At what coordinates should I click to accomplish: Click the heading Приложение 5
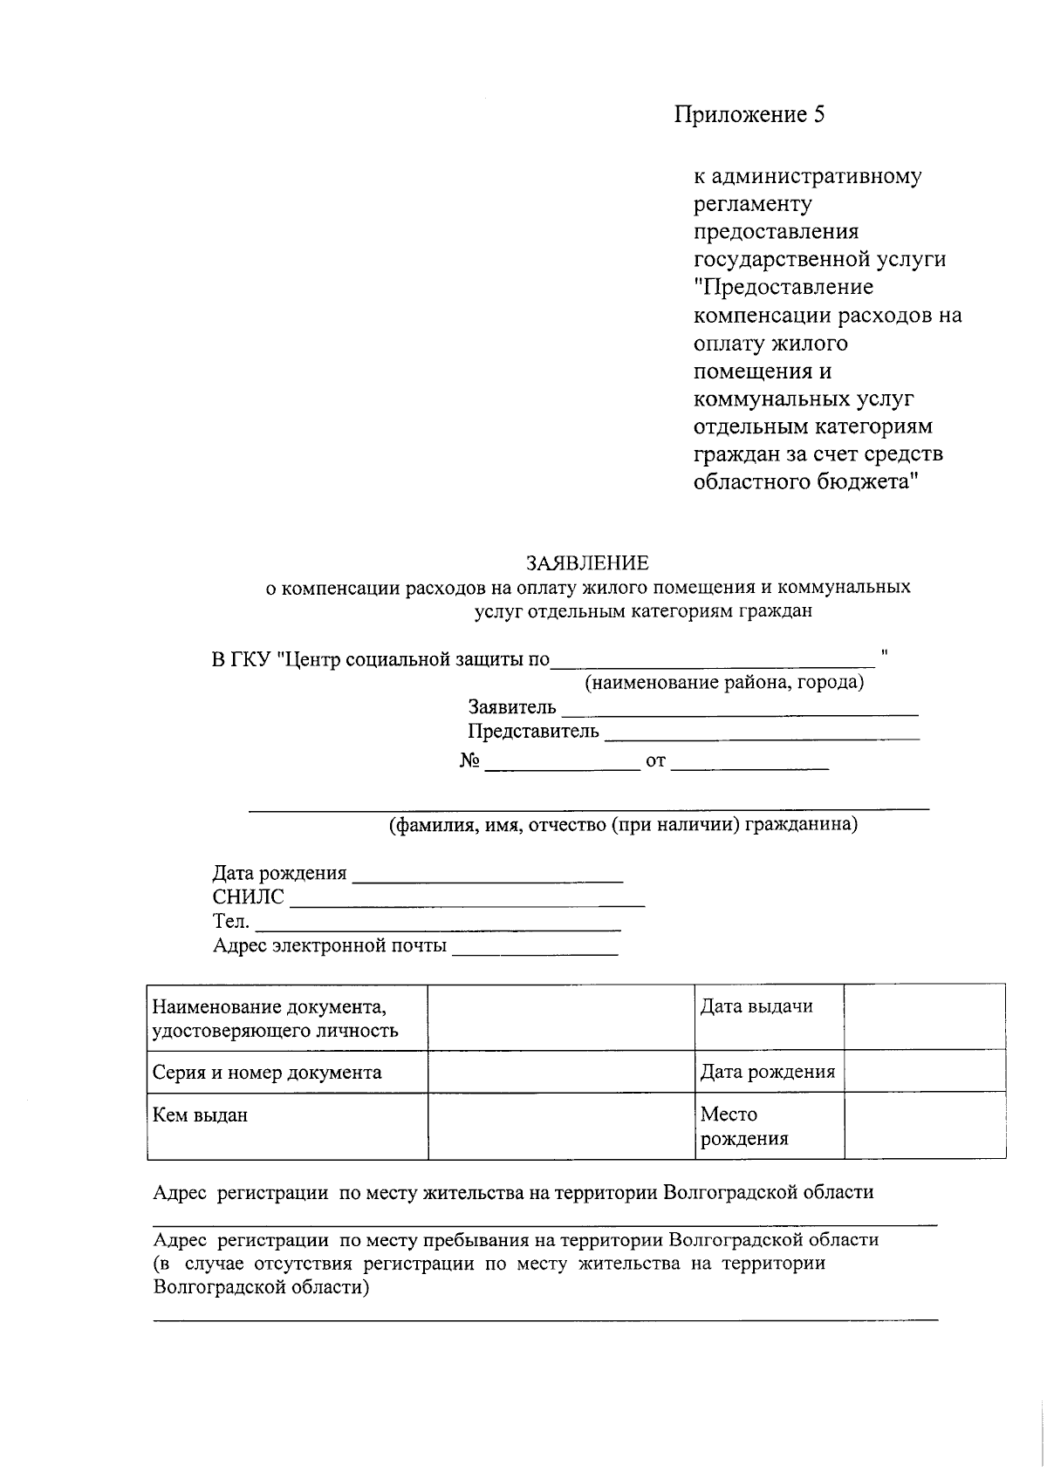click(749, 115)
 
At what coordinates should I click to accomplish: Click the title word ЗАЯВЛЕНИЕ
click(587, 562)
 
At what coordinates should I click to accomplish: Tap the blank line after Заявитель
click(740, 713)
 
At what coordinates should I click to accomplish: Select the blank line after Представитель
click(762, 738)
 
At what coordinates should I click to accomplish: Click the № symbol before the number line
click(470, 761)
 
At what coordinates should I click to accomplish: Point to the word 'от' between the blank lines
click(655, 762)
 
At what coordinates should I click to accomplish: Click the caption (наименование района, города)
click(724, 682)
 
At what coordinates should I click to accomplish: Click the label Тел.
click(231, 922)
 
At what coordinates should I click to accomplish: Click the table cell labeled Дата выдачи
click(756, 1006)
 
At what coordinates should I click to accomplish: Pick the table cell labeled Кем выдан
click(200, 1115)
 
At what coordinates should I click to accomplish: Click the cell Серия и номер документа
click(267, 1073)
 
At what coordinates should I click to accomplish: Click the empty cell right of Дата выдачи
click(924, 1017)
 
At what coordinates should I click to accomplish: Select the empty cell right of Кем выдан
click(561, 1126)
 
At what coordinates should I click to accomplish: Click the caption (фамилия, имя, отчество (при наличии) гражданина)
click(623, 825)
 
